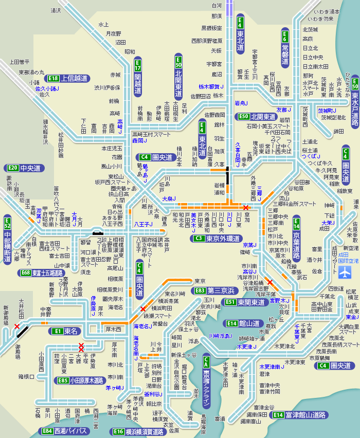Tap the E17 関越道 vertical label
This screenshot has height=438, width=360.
pos(137,78)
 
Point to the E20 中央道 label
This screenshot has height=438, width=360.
pos(24,168)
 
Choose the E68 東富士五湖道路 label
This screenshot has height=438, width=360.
pos(41,273)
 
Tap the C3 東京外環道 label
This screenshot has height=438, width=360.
pos(217,239)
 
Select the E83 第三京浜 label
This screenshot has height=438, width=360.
pos(214,290)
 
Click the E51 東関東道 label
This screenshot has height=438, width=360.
pos(245,303)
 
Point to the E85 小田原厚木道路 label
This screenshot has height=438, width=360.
pos(80,381)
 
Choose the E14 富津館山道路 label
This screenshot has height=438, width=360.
pos(298,415)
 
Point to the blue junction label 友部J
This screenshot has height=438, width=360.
pos(284,109)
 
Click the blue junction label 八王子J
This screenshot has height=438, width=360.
pos(141,224)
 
